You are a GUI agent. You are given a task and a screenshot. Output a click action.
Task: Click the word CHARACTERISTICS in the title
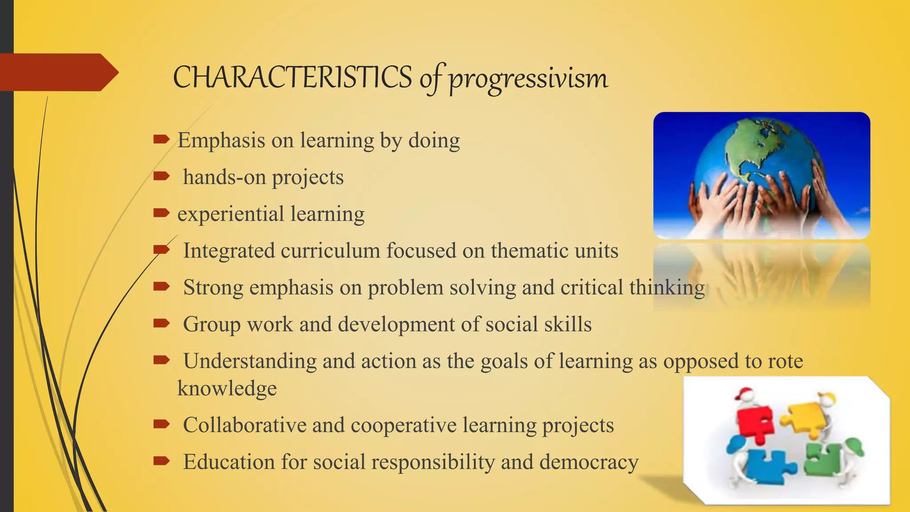coord(292,77)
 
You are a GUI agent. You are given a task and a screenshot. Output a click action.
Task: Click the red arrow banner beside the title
coord(58,72)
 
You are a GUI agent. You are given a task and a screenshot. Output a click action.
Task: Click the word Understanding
coord(250,361)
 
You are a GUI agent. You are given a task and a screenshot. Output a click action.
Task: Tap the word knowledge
coord(227,388)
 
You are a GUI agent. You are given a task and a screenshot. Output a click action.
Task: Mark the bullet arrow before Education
coord(161,461)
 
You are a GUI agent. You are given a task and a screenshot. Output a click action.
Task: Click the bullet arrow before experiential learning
coord(161,213)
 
